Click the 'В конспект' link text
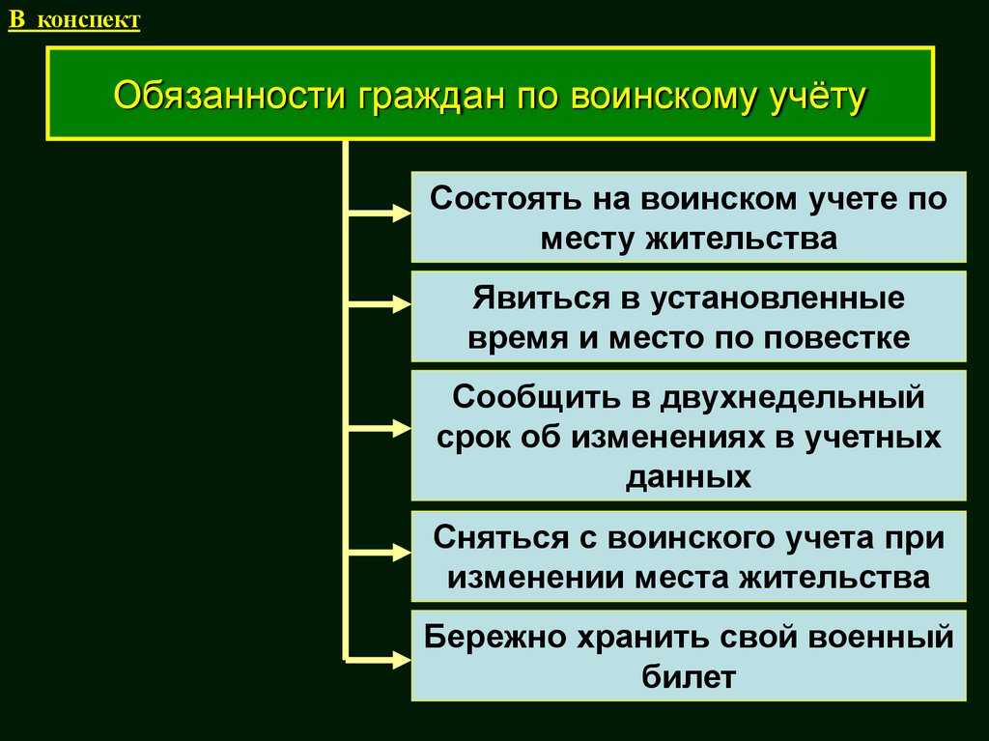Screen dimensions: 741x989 point(74,20)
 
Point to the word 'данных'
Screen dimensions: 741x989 point(689,477)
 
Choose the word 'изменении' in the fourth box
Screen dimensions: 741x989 point(535,577)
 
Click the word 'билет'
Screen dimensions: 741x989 point(689,676)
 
